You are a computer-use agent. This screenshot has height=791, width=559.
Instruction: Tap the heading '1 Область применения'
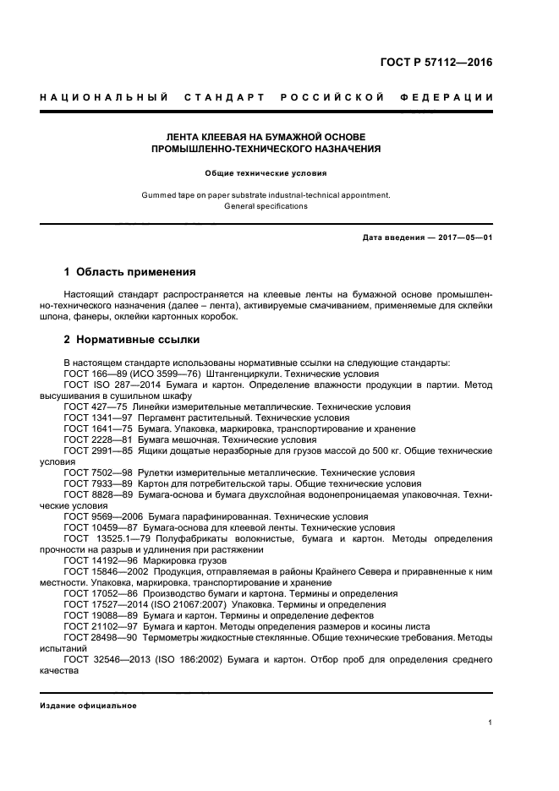coord(130,272)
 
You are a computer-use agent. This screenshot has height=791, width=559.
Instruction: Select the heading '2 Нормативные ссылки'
coord(132,340)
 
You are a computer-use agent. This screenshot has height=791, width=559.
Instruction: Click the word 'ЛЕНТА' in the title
coord(186,136)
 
